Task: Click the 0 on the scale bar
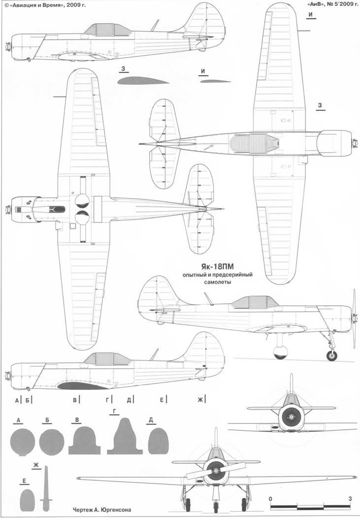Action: pyautogui.click(x=270, y=498)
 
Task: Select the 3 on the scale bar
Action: pyautogui.click(x=350, y=498)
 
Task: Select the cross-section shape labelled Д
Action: pyautogui.click(x=158, y=440)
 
